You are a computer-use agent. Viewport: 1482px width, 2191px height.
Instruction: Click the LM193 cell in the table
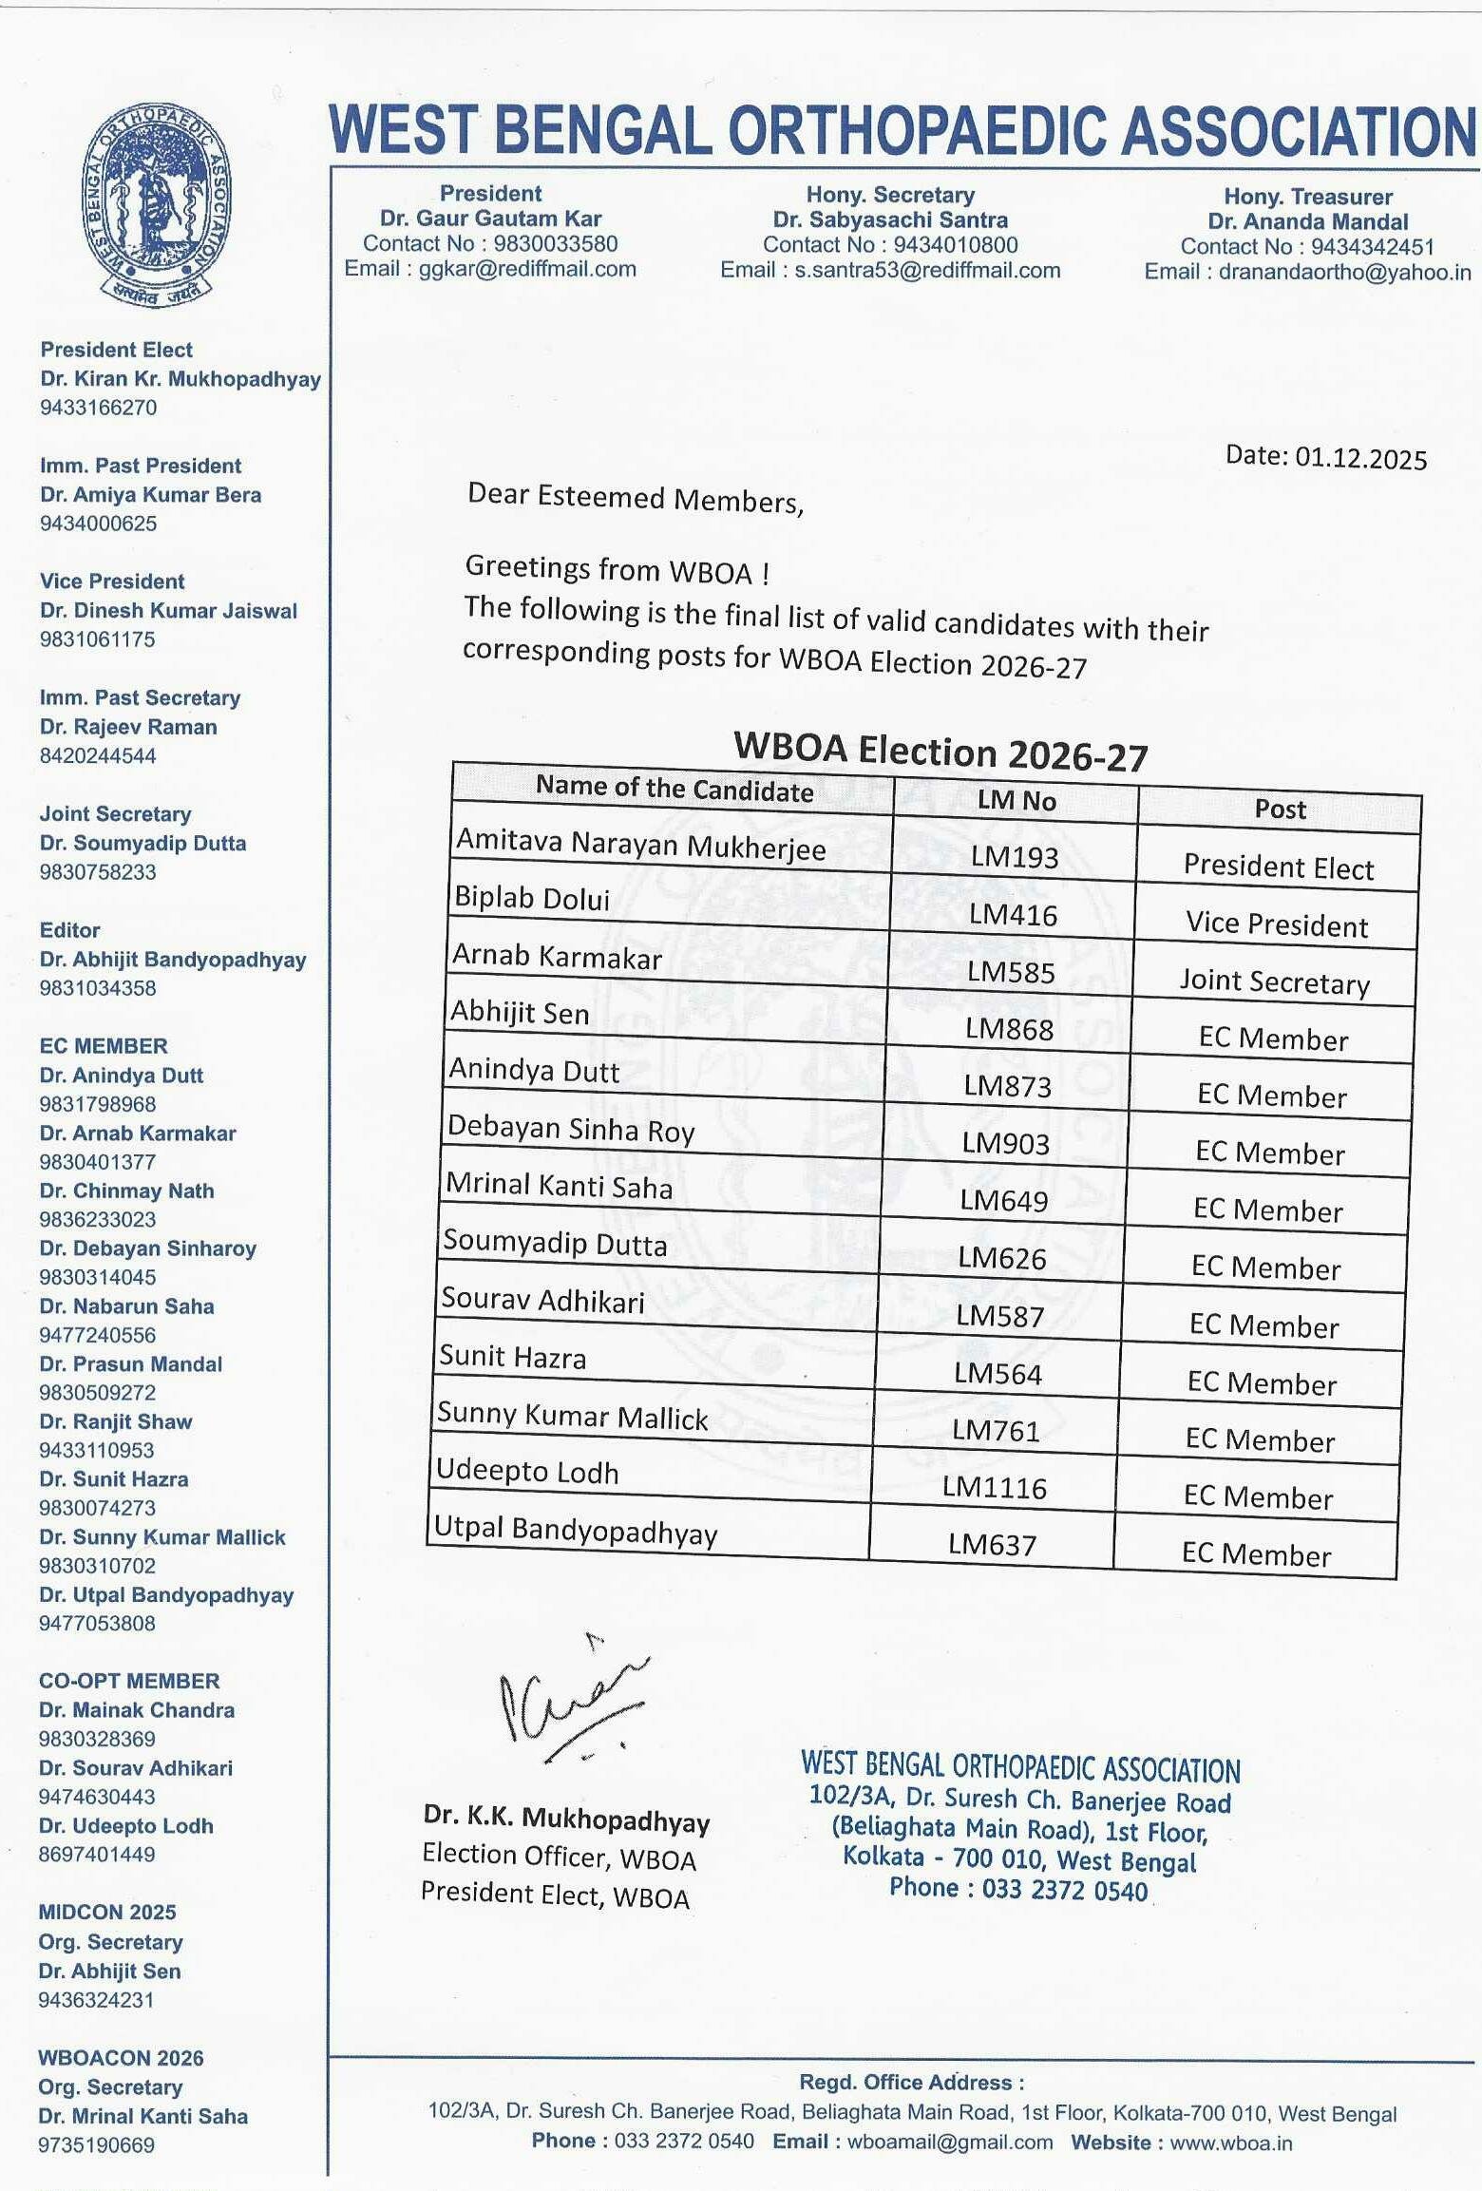[x=1014, y=857]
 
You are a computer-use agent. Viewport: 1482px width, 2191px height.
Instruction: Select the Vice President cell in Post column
[x=1277, y=924]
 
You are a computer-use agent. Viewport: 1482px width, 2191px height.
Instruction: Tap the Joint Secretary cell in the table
[x=1274, y=981]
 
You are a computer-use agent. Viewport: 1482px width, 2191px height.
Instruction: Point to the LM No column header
[x=1016, y=801]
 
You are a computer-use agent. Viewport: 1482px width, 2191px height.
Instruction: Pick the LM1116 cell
[x=994, y=1487]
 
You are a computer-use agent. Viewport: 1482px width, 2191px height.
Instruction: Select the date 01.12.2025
[x=1360, y=459]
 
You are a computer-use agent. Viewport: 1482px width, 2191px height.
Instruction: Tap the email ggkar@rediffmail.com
[x=527, y=269]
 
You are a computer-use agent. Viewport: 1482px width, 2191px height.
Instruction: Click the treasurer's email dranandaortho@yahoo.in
[x=1344, y=272]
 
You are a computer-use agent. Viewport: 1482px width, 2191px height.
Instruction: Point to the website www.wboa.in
[x=1231, y=2143]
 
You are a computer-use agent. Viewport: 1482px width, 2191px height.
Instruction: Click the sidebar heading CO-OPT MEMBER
[x=129, y=1681]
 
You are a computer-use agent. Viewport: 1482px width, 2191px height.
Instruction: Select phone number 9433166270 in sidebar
[x=98, y=408]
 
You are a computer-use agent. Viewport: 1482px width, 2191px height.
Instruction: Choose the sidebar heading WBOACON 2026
[x=121, y=2058]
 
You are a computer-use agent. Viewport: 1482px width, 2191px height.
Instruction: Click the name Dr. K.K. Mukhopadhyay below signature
[x=566, y=1818]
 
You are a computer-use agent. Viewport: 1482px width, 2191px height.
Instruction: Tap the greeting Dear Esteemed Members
[x=635, y=498]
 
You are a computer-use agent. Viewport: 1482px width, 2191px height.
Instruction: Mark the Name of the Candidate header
[x=674, y=789]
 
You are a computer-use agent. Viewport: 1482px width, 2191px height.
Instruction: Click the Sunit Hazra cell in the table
[x=512, y=1357]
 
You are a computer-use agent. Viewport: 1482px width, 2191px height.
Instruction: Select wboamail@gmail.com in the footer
[x=949, y=2143]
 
